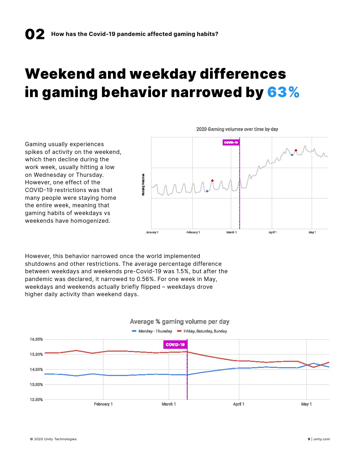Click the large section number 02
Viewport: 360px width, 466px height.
35,35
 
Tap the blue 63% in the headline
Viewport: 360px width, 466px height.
283,92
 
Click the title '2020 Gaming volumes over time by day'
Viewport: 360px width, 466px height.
237,129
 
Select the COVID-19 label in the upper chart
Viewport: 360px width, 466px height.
231,143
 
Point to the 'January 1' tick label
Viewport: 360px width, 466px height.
152,232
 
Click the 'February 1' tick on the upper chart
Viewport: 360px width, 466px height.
193,232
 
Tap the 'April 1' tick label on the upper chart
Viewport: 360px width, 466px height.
272,232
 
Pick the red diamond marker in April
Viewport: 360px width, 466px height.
296,150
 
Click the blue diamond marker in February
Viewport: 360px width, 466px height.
207,191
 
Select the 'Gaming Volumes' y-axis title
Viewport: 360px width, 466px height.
143,185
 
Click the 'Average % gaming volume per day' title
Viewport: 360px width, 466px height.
180,322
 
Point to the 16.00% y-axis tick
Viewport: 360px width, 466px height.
36,339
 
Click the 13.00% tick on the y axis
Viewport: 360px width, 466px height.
36,384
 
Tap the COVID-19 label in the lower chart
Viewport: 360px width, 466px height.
175,345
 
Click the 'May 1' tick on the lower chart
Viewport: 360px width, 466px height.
306,404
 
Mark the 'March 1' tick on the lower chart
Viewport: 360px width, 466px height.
169,404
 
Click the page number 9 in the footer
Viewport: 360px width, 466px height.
309,439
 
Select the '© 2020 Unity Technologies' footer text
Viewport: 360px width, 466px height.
53,439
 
